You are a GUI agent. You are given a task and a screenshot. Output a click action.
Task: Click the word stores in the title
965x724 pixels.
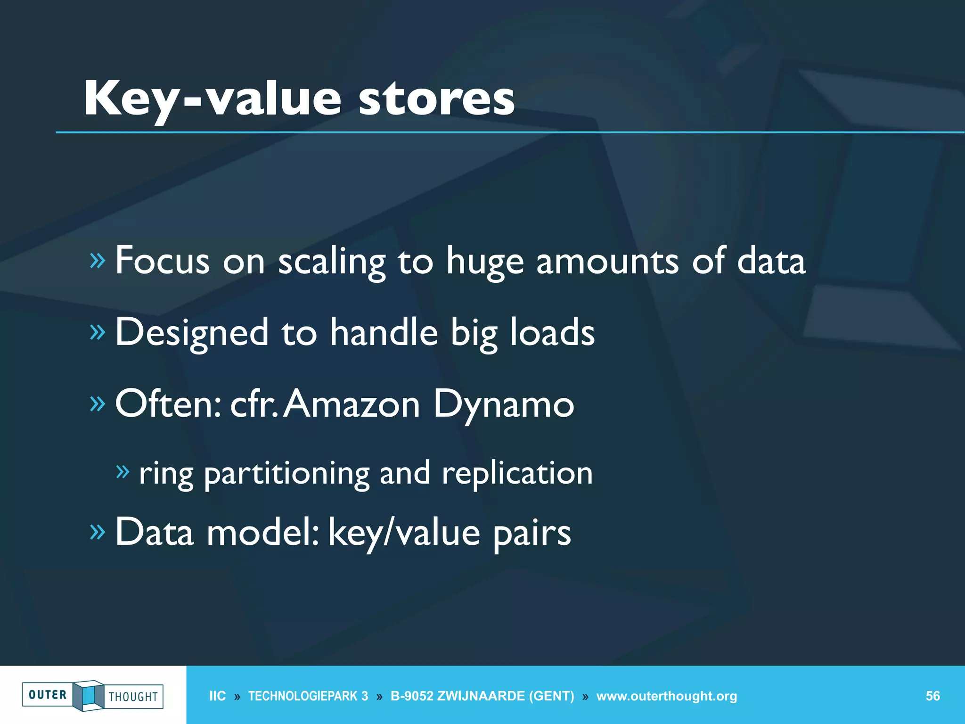pos(436,99)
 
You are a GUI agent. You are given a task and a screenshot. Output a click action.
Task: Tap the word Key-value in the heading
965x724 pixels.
pos(212,99)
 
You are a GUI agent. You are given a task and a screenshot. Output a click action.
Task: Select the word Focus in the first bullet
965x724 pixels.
pos(162,261)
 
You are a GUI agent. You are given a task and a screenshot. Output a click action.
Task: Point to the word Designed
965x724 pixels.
pos(192,332)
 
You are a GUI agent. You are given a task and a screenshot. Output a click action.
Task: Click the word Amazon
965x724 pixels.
pos(351,404)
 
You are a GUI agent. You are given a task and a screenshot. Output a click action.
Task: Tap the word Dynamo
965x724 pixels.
pos(504,404)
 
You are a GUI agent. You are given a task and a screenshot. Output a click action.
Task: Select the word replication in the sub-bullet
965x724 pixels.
pos(517,473)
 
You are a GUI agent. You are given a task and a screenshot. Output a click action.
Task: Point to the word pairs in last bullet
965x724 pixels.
pos(532,533)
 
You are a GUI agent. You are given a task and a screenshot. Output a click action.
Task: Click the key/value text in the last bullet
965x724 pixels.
pos(404,533)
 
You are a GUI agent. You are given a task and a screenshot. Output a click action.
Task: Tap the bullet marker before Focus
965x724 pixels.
pos(97,260)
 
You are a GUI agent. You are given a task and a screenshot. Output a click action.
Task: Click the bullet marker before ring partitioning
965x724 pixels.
pos(123,471)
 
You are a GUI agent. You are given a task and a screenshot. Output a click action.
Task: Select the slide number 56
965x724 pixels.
pos(932,696)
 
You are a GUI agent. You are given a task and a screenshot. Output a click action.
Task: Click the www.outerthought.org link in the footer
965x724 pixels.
pos(666,696)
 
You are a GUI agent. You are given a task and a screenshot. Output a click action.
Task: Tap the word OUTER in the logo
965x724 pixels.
pos(48,695)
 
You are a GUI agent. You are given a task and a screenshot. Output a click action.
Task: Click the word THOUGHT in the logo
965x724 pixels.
pos(133,697)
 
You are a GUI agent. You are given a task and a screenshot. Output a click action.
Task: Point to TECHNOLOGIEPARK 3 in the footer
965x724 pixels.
pos(308,696)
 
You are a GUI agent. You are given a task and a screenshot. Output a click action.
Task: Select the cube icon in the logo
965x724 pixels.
pos(89,695)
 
